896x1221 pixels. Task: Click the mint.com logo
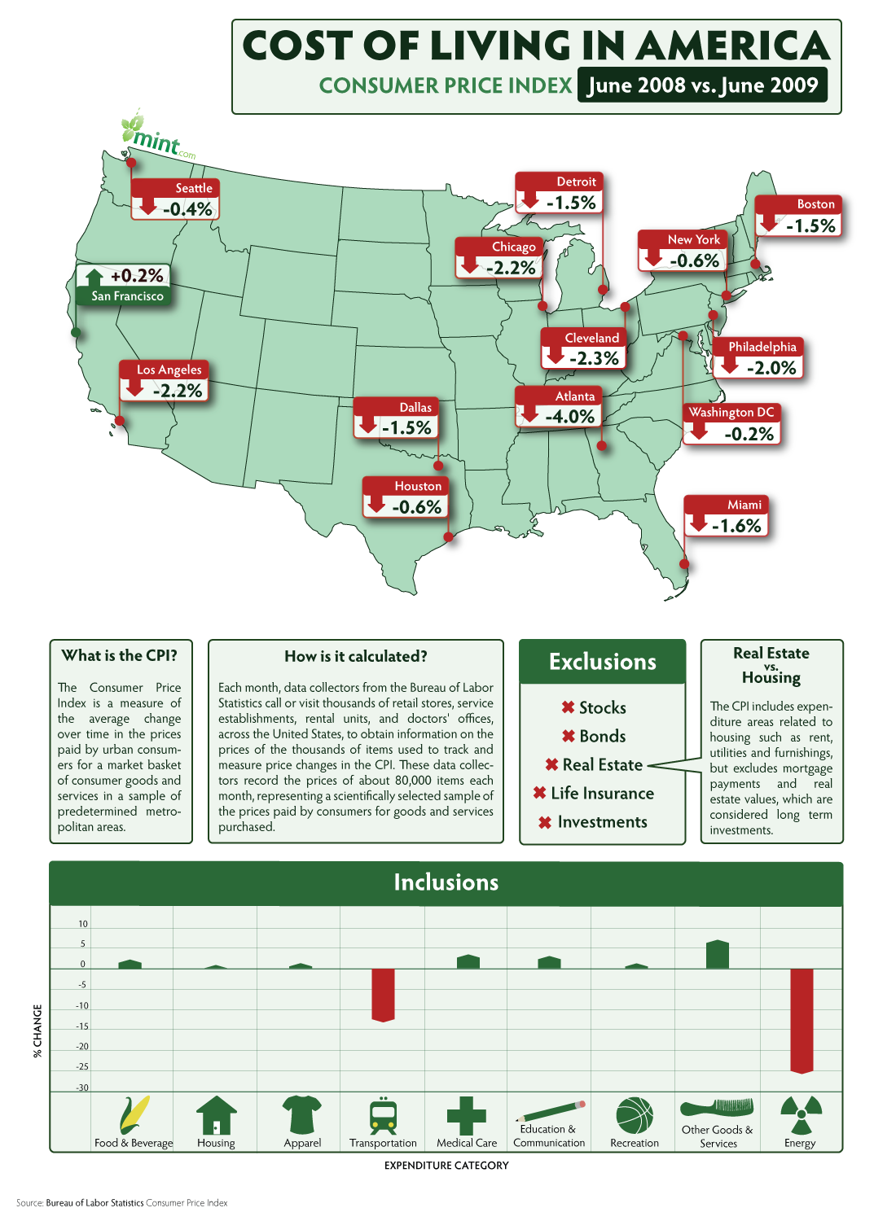coord(157,135)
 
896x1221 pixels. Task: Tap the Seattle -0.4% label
coord(175,199)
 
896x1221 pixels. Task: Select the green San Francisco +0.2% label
coord(123,285)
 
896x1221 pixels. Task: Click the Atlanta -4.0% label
coord(559,407)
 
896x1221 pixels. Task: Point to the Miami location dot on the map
coord(684,564)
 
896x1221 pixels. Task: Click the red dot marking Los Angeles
coord(120,421)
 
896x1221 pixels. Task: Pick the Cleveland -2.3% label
coord(583,349)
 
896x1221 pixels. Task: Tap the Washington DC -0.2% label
coord(731,424)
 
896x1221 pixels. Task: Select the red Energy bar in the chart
coord(802,1021)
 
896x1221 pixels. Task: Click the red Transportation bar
coord(383,995)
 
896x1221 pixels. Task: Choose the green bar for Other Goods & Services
coord(717,954)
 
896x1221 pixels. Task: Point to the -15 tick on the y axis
coord(82,1026)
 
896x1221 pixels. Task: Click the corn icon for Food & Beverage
coord(134,1114)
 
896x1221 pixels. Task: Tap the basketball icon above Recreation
coord(635,1114)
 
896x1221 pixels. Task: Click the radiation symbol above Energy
coord(802,1114)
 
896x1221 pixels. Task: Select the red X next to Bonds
coord(569,737)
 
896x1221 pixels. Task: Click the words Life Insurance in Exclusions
coord(603,793)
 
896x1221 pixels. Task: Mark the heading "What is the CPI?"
coord(120,656)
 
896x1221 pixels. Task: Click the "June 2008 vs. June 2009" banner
coord(702,85)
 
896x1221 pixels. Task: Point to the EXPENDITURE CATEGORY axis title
coord(446,1166)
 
